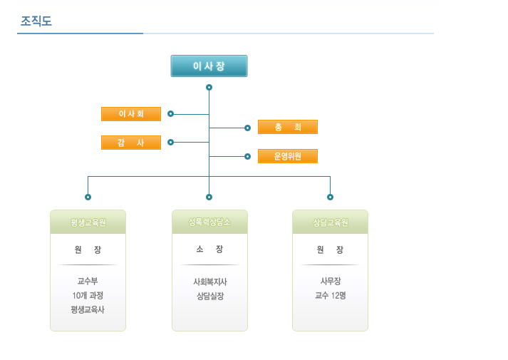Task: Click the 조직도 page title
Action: point(36,21)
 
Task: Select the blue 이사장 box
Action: point(209,66)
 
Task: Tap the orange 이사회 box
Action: point(131,114)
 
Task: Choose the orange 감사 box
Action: point(131,143)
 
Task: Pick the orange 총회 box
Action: point(288,127)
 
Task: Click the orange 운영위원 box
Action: point(288,156)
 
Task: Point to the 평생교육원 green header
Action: point(88,222)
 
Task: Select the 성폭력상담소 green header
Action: point(209,222)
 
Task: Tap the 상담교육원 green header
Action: point(330,222)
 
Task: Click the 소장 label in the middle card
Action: point(209,249)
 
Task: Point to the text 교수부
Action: point(88,281)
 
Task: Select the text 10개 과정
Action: point(88,295)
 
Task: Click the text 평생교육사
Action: point(88,309)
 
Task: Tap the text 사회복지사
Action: point(210,282)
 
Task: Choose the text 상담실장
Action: point(210,296)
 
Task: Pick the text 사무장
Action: point(331,281)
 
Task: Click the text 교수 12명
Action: point(331,295)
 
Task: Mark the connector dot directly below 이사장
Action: point(209,88)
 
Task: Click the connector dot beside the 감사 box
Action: point(171,143)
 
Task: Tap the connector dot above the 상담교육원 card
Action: point(330,197)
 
